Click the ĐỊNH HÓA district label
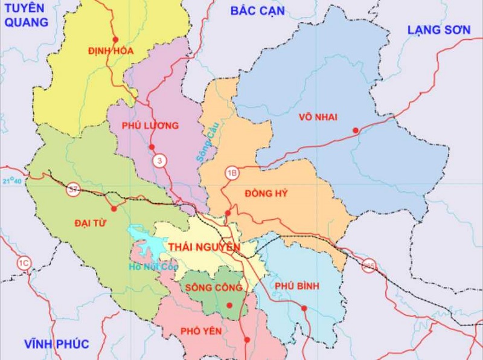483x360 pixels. click(110, 51)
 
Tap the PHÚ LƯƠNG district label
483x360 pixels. click(150, 126)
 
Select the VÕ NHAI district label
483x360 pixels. click(318, 117)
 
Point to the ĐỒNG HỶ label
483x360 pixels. click(266, 194)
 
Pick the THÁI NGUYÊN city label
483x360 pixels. click(204, 247)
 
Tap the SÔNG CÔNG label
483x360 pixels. click(214, 288)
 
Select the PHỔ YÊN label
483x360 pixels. click(200, 331)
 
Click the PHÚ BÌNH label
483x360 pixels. click(296, 286)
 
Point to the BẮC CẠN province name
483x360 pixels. click(258, 11)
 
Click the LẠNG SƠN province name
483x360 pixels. click(439, 30)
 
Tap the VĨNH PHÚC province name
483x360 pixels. click(57, 344)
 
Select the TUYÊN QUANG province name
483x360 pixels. click(25, 15)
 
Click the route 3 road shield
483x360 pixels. click(159, 161)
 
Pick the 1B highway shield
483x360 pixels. click(232, 173)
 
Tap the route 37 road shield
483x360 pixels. click(74, 190)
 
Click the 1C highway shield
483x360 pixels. click(24, 263)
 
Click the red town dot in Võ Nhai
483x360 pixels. click(356, 130)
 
